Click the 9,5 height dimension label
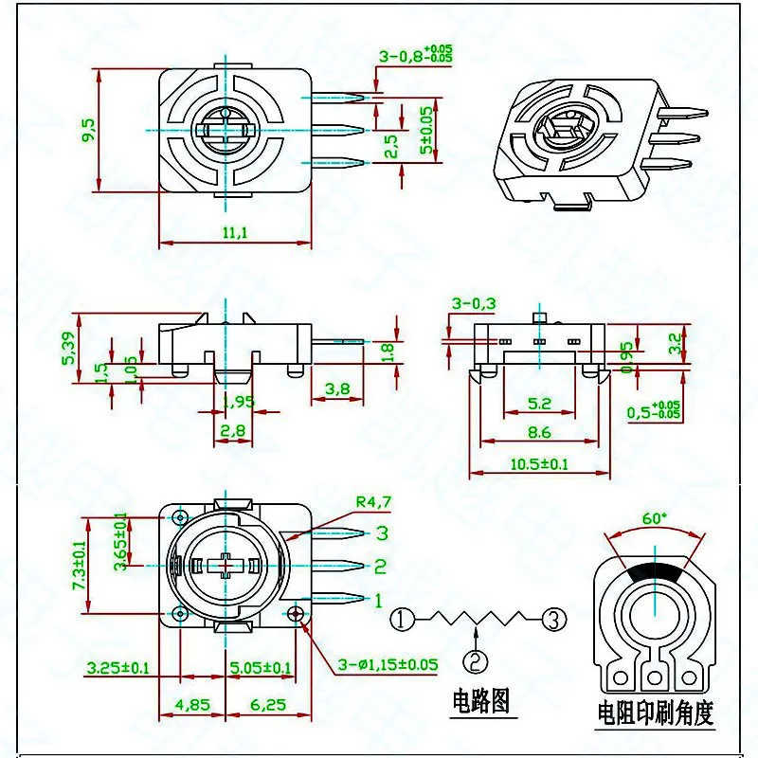pyautogui.click(x=88, y=130)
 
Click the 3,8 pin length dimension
pyautogui.click(x=338, y=388)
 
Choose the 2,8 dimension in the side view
pyautogui.click(x=232, y=431)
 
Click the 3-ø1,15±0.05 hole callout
pyautogui.click(x=388, y=664)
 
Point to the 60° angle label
pyautogui.click(x=655, y=518)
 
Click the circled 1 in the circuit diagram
pyautogui.click(x=405, y=620)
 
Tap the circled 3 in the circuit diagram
pyautogui.click(x=554, y=620)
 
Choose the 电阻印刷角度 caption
pyautogui.click(x=655, y=711)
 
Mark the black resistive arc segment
pyautogui.click(x=655, y=572)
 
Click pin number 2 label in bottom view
pyautogui.click(x=380, y=567)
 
